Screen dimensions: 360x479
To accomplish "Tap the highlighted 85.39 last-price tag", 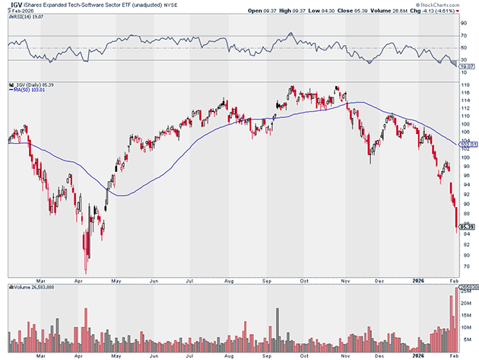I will (x=467, y=226).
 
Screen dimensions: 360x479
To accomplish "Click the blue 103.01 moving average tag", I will (x=466, y=144).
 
